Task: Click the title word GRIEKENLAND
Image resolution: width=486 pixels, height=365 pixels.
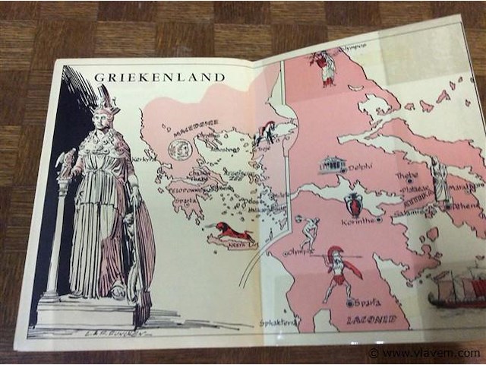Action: click(159, 77)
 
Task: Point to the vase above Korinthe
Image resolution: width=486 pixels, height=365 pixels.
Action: click(354, 205)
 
